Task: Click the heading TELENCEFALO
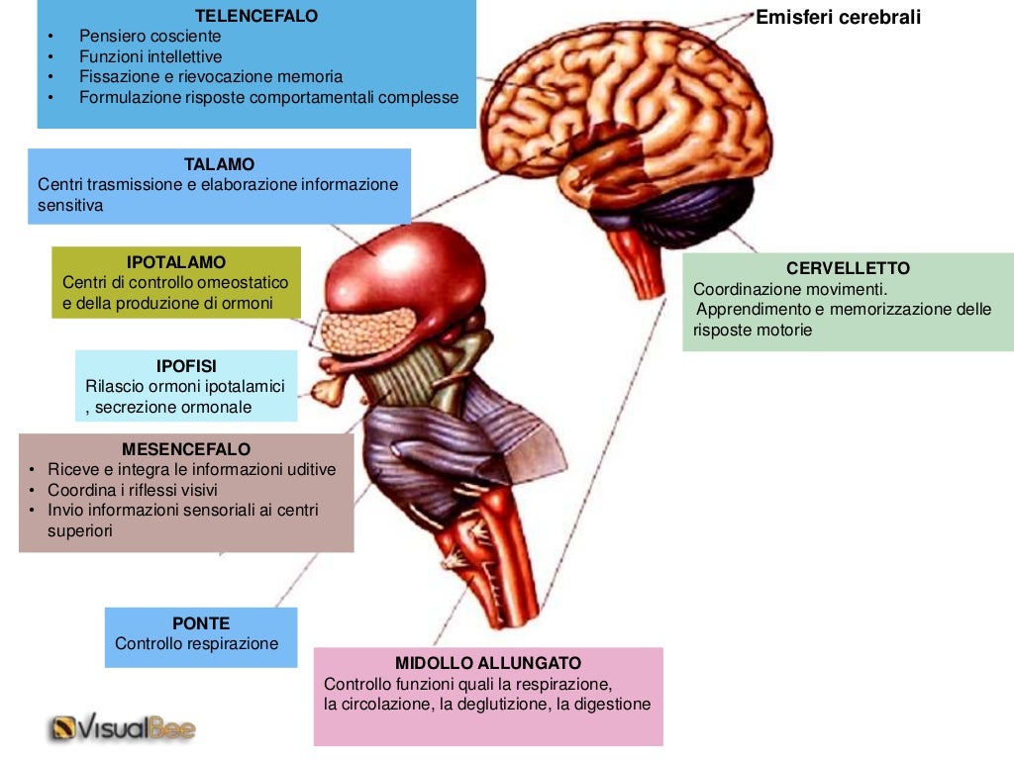coord(256,16)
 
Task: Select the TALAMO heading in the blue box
coord(219,164)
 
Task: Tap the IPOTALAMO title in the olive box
coord(176,262)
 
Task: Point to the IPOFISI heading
coord(186,366)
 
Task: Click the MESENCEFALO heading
coord(186,449)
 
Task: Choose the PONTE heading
coord(201,623)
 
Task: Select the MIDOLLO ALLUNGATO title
coord(488,663)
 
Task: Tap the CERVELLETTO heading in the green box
coord(848,268)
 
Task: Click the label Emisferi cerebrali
coord(838,17)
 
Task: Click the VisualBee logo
coord(124,729)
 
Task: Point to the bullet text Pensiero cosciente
coord(150,36)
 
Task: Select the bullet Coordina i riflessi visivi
coord(132,490)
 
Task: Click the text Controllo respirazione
coord(197,644)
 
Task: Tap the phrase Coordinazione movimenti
coord(790,289)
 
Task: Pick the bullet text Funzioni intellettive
coord(151,56)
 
